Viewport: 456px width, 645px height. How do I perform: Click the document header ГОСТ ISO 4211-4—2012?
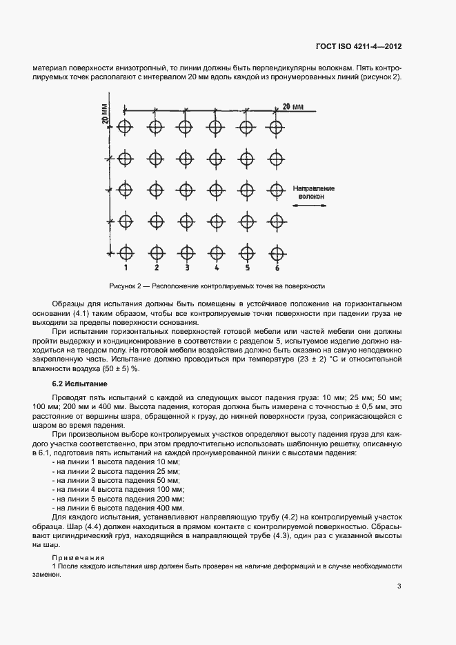coord(358,47)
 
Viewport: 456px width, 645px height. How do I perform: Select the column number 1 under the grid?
coord(126,267)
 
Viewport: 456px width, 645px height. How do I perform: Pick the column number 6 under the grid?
coord(277,267)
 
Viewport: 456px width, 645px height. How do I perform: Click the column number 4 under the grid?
coord(217,267)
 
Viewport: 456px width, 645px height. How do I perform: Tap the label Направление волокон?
coord(313,192)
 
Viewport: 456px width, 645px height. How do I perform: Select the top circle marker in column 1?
coord(125,127)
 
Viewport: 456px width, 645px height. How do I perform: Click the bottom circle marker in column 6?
coord(277,252)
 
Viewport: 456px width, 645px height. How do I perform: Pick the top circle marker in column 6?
coord(277,127)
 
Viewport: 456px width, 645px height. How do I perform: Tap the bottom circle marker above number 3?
coord(186,252)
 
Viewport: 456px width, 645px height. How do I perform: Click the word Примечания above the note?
coord(79,557)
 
